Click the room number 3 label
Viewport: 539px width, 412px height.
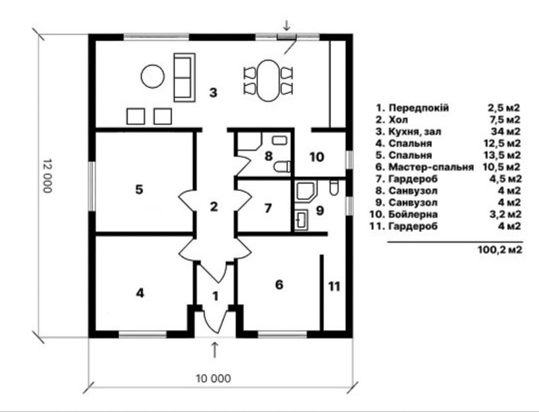[x=214, y=92]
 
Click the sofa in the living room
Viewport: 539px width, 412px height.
[x=185, y=77]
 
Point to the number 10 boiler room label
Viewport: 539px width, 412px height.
[x=317, y=157]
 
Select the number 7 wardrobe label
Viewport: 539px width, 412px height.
[x=268, y=208]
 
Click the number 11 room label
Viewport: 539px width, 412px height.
[x=334, y=286]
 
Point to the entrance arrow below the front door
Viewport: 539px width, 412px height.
[x=215, y=350]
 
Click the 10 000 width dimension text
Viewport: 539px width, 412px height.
[x=214, y=379]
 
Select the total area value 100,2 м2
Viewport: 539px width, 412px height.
[x=500, y=249]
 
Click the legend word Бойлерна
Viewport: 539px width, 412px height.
[x=413, y=214]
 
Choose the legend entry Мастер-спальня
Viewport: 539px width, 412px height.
[x=431, y=167]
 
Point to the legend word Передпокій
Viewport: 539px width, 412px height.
[x=419, y=108]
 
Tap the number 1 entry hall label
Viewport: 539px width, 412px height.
[x=215, y=296]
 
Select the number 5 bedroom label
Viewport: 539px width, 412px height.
[x=139, y=189]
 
